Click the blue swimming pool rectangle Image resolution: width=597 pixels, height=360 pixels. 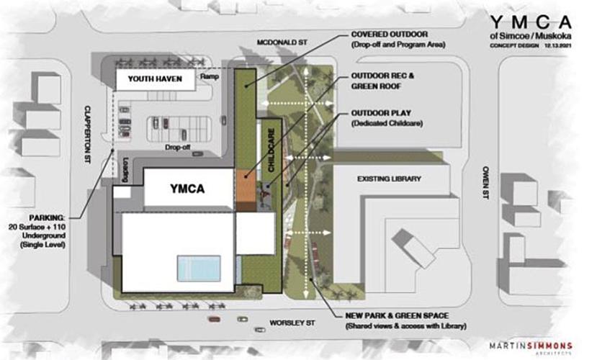199,269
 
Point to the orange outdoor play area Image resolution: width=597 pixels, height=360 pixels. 246,184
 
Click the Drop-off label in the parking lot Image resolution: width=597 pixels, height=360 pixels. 176,147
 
